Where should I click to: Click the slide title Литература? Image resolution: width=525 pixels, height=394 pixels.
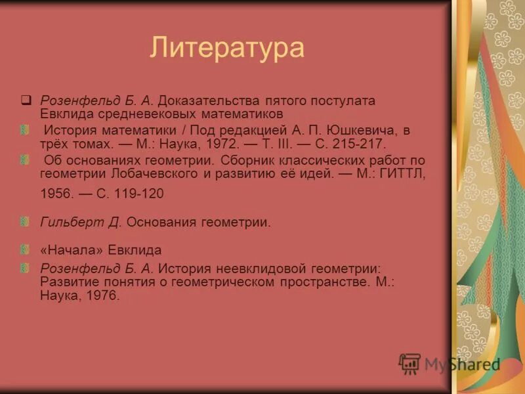pyautogui.click(x=228, y=49)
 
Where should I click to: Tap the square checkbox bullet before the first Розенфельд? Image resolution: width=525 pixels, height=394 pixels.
pyautogui.click(x=26, y=100)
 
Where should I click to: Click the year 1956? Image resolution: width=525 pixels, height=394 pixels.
pyautogui.click(x=56, y=194)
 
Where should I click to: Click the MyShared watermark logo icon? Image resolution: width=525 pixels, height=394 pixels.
pyautogui.click(x=410, y=363)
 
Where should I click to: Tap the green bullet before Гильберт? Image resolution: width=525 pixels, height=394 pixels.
pyautogui.click(x=25, y=221)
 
